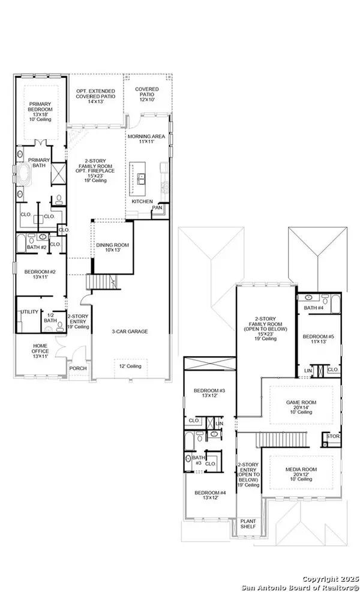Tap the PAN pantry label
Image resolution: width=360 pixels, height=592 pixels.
pyautogui.click(x=157, y=207)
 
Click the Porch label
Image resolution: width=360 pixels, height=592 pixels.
pyautogui.click(x=77, y=369)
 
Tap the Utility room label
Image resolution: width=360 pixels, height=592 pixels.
pyautogui.click(x=29, y=313)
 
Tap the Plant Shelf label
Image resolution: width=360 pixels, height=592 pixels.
pyautogui.click(x=247, y=525)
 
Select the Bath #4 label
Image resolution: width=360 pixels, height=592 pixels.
pyautogui.click(x=314, y=308)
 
